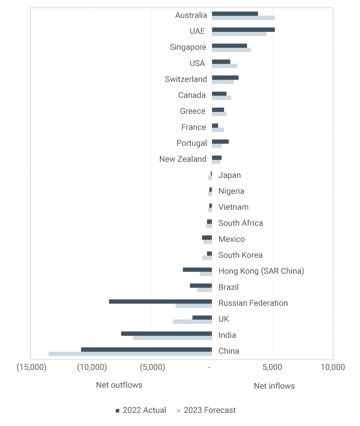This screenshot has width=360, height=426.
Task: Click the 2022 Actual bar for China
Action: click(x=146, y=350)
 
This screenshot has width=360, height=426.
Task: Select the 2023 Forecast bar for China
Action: click(x=130, y=354)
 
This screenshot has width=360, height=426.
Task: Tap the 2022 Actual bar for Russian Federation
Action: click(x=160, y=301)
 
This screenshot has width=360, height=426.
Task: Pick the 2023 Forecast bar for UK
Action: click(x=193, y=321)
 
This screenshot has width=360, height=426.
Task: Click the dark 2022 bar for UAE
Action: click(x=243, y=29)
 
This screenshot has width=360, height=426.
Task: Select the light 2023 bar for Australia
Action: click(x=243, y=18)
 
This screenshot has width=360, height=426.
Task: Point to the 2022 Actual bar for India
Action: click(x=166, y=333)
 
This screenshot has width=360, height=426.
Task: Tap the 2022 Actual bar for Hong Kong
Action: click(x=197, y=270)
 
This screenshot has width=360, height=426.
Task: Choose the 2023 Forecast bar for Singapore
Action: click(x=231, y=50)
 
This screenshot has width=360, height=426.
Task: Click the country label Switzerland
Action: click(x=186, y=79)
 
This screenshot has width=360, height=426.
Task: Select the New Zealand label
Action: click(x=183, y=159)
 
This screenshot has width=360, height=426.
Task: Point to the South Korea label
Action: click(x=240, y=255)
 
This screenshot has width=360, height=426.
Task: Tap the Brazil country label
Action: click(x=228, y=287)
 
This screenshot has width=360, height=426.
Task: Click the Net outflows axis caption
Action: click(x=119, y=385)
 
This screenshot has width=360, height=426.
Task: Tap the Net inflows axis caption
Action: click(x=274, y=386)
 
